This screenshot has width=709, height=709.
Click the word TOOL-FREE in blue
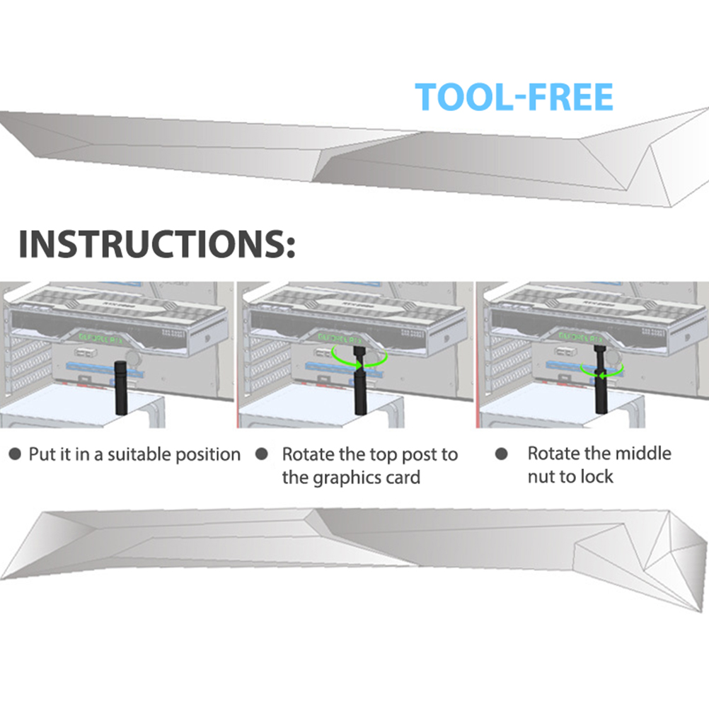click(x=514, y=97)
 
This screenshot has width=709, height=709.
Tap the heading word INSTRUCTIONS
click(x=156, y=245)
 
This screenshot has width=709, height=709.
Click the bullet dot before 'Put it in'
click(x=15, y=454)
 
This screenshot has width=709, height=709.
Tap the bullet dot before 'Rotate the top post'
click(x=261, y=454)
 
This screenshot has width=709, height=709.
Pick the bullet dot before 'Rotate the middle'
click(x=502, y=454)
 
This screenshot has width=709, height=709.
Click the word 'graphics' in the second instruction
click(x=347, y=478)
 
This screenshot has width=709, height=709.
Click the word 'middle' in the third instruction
click(x=639, y=454)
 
